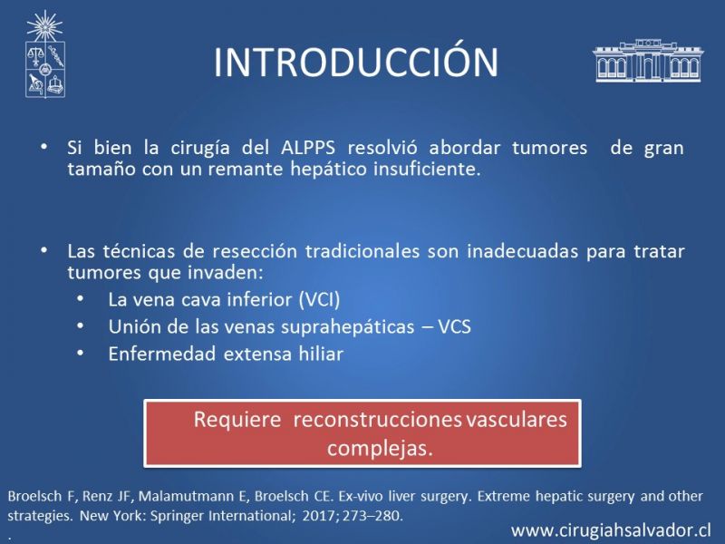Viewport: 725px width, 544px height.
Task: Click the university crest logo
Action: point(44,54)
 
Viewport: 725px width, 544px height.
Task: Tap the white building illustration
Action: point(648,61)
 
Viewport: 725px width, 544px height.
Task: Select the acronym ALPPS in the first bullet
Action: point(308,148)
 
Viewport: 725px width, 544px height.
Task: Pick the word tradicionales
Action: point(362,251)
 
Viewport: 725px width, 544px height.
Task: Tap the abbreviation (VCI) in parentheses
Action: point(320,300)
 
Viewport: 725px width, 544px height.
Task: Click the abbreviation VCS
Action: point(455,326)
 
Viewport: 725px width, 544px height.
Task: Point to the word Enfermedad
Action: point(162,354)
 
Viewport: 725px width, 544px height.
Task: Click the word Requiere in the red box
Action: point(237,420)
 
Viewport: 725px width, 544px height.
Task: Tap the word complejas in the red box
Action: point(380,448)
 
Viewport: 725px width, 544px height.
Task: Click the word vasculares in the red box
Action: point(516,420)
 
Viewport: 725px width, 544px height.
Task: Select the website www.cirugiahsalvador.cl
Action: point(611,530)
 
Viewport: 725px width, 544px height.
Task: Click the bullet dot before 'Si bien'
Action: point(44,147)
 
